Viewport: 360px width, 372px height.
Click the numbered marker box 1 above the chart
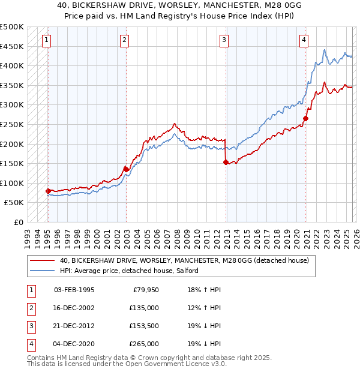click(47, 40)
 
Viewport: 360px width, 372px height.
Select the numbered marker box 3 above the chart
click(224, 40)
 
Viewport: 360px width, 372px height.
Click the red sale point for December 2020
click(305, 119)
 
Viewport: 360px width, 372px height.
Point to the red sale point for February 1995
click(48, 191)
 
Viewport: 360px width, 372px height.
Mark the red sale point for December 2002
click(126, 169)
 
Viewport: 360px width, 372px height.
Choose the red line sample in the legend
click(42, 261)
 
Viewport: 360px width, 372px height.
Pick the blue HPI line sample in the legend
click(42, 271)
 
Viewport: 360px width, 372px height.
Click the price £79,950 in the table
click(144, 290)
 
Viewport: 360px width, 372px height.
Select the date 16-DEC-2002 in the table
click(74, 308)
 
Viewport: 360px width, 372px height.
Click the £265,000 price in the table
click(144, 344)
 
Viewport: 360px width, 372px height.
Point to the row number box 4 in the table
click(31, 344)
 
